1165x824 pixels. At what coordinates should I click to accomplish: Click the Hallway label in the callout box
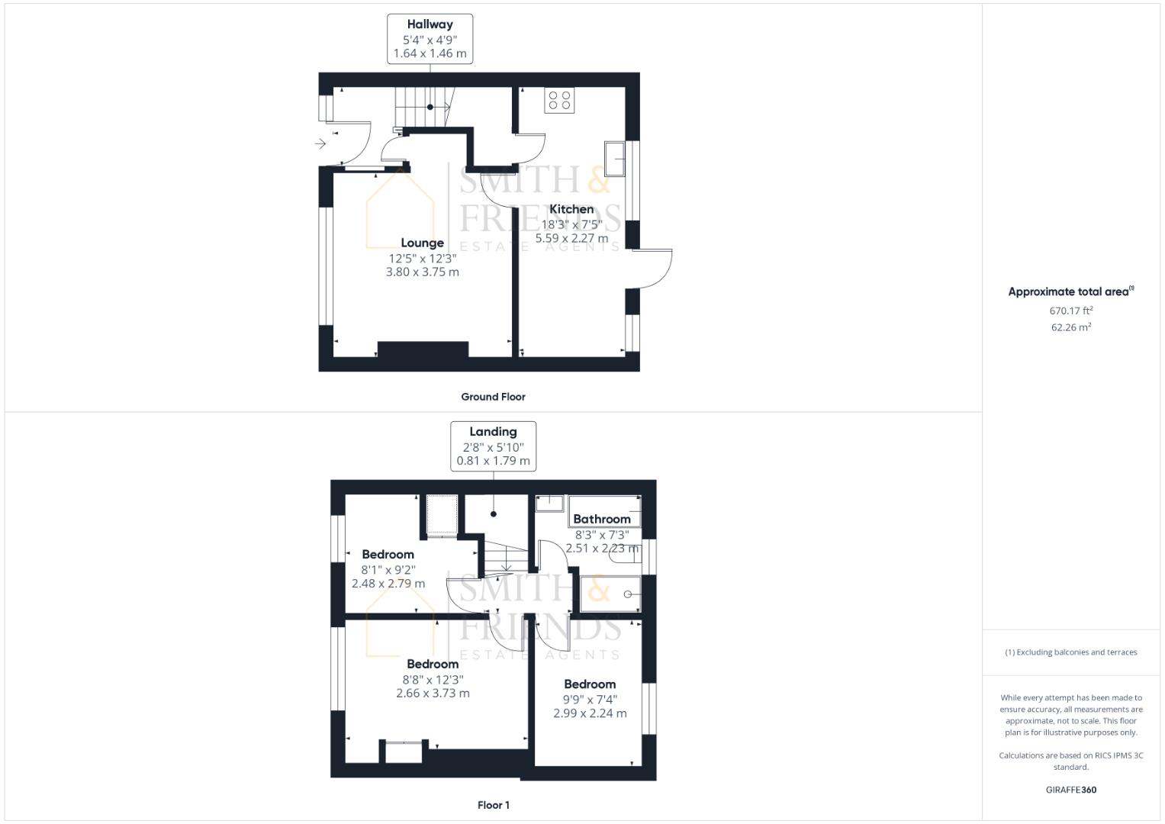[x=430, y=24]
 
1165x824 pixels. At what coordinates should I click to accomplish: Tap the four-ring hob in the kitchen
[x=559, y=101]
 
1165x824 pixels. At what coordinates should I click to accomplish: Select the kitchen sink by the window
[x=614, y=159]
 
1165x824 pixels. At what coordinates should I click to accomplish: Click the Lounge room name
[x=423, y=243]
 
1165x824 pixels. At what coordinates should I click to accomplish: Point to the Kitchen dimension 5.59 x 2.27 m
[x=571, y=238]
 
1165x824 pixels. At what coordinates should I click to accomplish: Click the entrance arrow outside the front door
[x=320, y=143]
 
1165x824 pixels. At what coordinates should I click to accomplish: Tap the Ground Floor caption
[x=493, y=397]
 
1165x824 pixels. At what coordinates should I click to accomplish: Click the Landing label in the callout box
[x=493, y=432]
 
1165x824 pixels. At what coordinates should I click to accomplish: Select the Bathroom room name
[x=602, y=519]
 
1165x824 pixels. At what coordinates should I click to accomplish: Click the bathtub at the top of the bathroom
[x=605, y=511]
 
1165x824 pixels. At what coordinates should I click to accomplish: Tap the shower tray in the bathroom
[x=610, y=594]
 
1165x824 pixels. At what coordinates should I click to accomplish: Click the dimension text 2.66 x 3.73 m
[x=433, y=694]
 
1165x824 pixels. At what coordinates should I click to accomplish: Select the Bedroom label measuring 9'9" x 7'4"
[x=590, y=684]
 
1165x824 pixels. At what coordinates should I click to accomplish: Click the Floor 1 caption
[x=493, y=805]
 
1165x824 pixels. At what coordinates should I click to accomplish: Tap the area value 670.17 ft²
[x=1071, y=311]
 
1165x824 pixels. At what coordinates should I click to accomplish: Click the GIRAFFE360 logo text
[x=1071, y=790]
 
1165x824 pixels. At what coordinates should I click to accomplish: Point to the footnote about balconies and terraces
[x=1071, y=652]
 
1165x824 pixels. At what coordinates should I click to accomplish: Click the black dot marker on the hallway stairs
[x=430, y=107]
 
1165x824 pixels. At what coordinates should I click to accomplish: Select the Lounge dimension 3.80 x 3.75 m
[x=423, y=272]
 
